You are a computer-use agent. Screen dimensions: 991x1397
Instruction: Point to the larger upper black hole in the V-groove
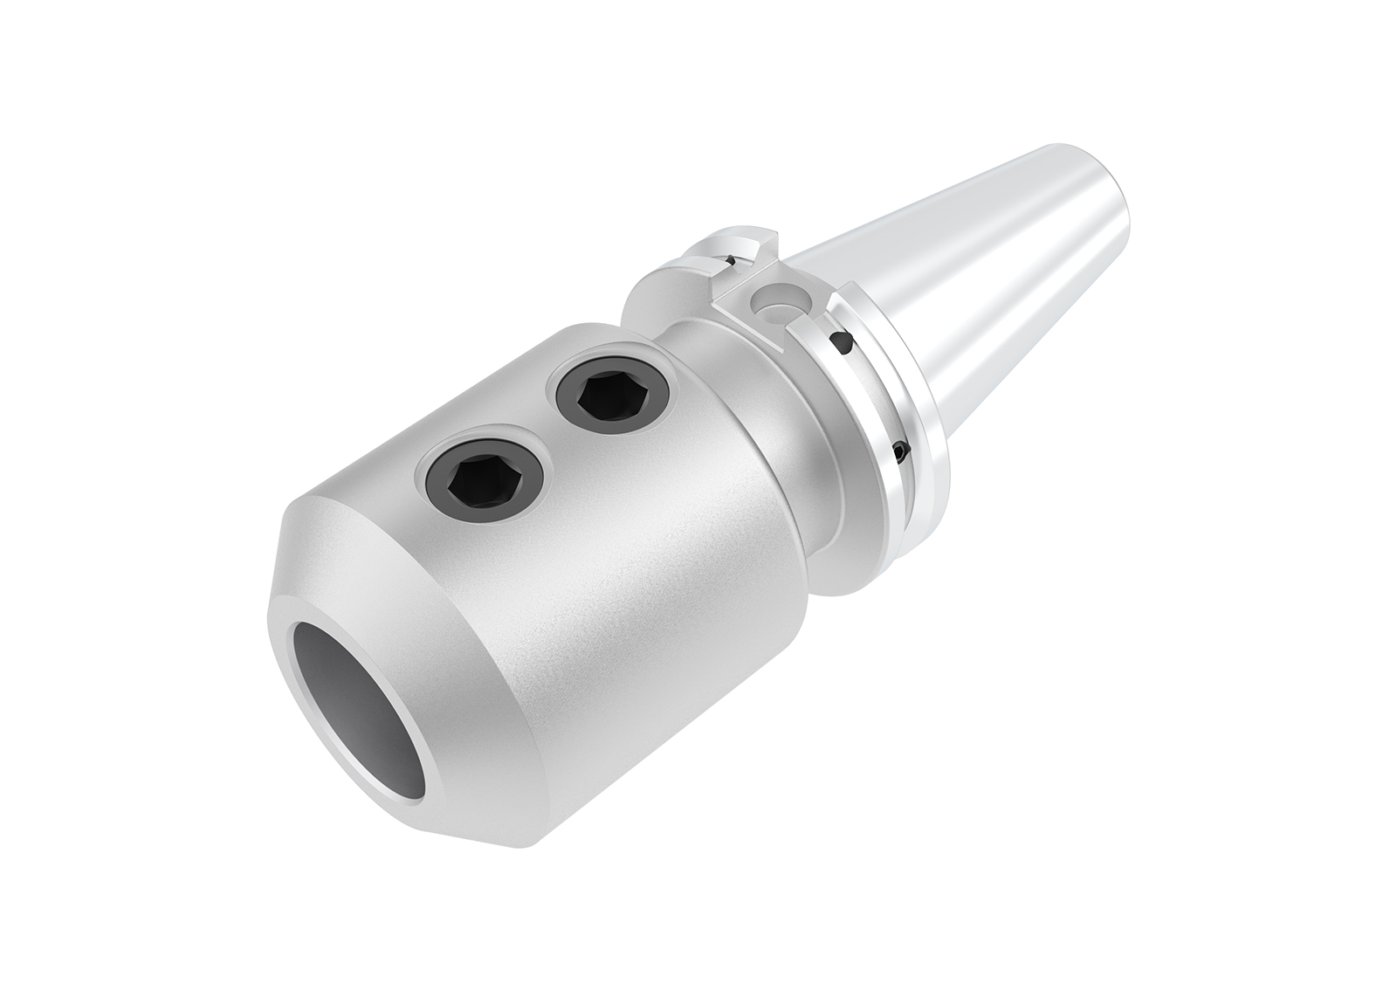click(x=841, y=345)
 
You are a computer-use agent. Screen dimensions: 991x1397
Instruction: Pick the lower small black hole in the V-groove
click(x=899, y=451)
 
